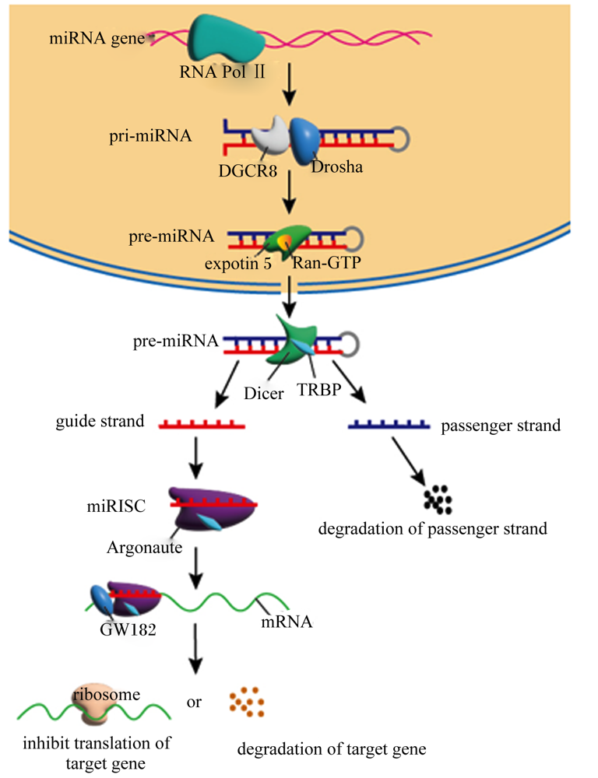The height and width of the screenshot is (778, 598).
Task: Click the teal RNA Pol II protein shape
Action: tap(226, 39)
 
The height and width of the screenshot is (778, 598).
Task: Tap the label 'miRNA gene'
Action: tap(97, 38)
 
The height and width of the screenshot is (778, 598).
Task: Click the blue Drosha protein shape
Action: tap(304, 141)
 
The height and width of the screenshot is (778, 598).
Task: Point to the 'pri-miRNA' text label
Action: tap(150, 136)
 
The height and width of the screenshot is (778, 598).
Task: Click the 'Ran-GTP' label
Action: tap(326, 262)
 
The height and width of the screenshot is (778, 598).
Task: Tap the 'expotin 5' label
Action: tap(238, 264)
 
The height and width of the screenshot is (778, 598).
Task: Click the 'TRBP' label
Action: tap(319, 390)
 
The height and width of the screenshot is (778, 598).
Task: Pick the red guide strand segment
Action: tap(202, 425)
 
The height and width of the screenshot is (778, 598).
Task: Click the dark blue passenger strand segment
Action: tap(389, 425)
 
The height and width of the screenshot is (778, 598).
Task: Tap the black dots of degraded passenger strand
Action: tap(438, 499)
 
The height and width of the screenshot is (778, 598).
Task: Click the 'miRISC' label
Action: tap(116, 506)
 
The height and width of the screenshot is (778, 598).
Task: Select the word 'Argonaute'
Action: tap(145, 547)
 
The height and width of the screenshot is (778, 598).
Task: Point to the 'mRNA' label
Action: tap(287, 622)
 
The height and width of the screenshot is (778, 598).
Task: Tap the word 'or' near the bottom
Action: tap(194, 703)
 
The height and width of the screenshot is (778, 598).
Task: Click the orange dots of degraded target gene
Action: tap(247, 702)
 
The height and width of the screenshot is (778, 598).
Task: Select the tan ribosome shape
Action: tap(100, 702)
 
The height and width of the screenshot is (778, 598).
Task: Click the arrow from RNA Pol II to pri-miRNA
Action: tap(289, 84)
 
